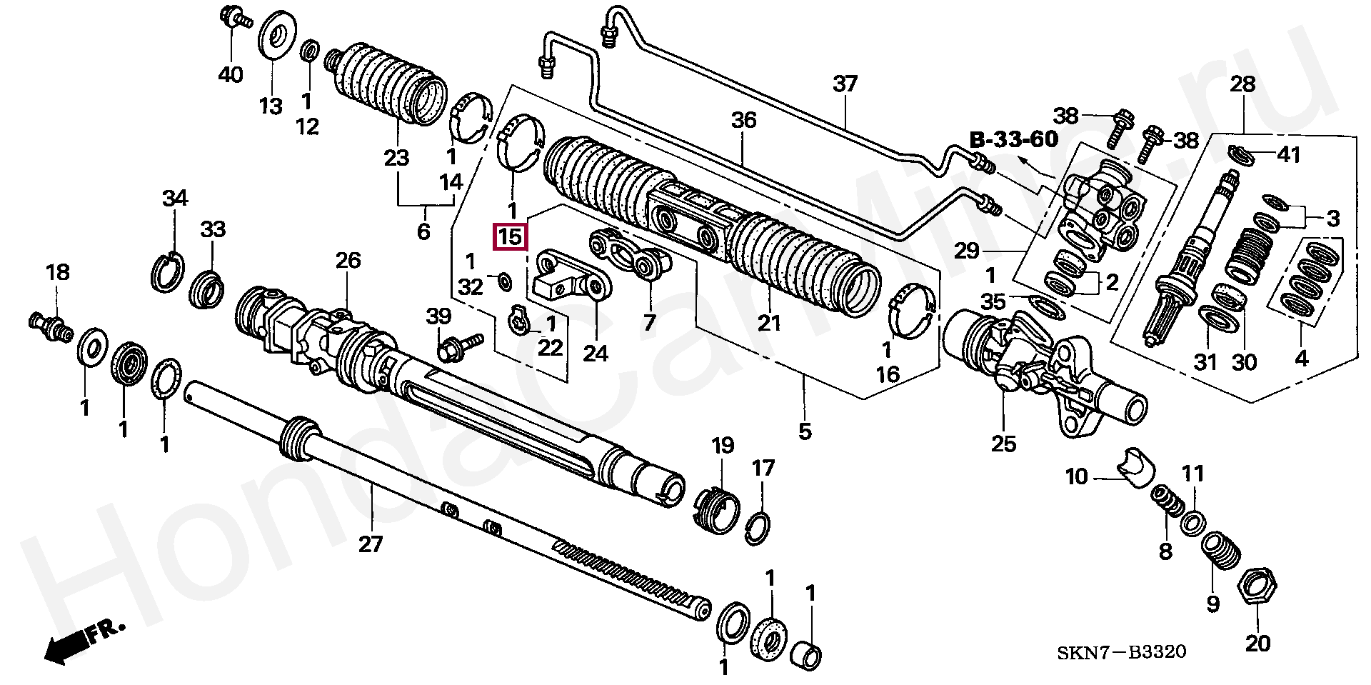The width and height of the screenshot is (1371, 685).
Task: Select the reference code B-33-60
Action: [1014, 140]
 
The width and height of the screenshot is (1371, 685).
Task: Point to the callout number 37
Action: [845, 84]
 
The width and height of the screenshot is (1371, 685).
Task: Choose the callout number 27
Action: [371, 544]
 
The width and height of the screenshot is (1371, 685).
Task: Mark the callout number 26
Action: [348, 260]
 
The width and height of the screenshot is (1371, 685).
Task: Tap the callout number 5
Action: [805, 431]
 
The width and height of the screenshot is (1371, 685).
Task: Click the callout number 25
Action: [1003, 444]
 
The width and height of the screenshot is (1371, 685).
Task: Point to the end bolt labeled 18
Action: [50, 326]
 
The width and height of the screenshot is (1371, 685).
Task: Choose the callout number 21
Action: [769, 323]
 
